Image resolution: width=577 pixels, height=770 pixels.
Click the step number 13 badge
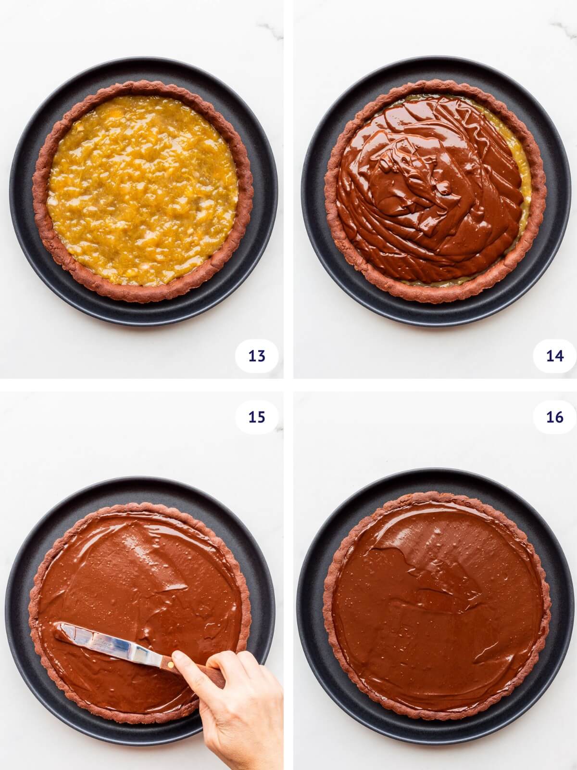pyautogui.click(x=257, y=356)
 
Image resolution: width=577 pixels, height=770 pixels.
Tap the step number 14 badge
pyautogui.click(x=554, y=356)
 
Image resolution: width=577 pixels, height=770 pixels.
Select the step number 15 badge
pyautogui.click(x=257, y=417)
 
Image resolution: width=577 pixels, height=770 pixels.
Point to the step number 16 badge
pyautogui.click(x=554, y=417)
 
